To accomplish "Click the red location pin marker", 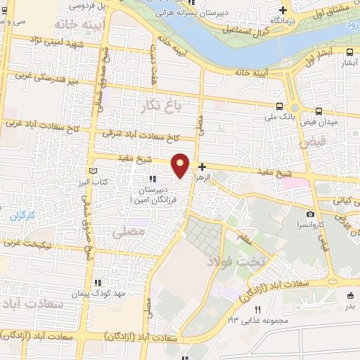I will (181, 165).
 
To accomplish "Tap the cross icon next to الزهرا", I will (202, 167).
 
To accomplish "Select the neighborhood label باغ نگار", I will (164, 108).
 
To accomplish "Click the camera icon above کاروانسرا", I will (311, 214).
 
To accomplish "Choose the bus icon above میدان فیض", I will (319, 111).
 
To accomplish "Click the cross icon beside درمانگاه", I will (283, 10).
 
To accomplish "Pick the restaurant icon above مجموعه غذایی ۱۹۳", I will (258, 309).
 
